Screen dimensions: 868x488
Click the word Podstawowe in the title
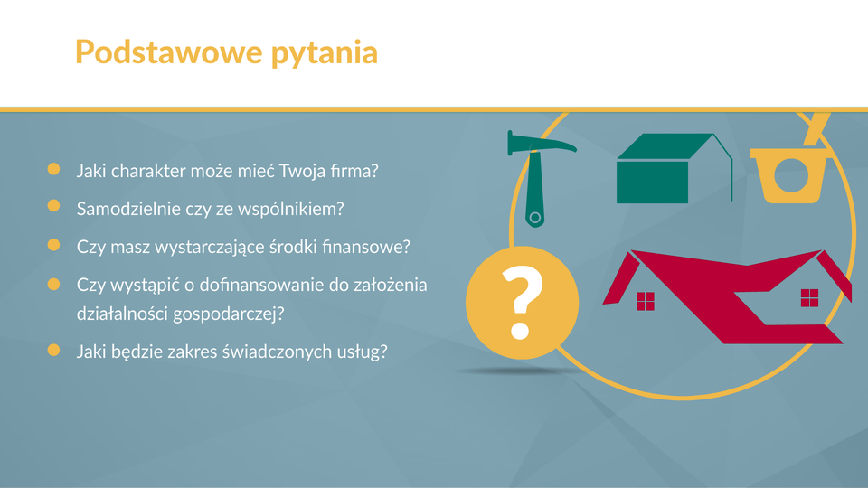click(169, 52)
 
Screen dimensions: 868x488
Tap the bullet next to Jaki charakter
click(53, 169)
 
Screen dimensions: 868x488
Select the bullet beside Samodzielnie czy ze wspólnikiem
click(53, 206)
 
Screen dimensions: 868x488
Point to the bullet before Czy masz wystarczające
click(53, 245)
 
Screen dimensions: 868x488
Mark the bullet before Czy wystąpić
click(53, 284)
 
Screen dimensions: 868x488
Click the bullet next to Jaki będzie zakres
click(53, 350)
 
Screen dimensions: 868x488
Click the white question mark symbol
click(521, 302)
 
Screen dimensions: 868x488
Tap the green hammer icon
click(538, 177)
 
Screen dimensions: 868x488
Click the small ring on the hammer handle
click(534, 218)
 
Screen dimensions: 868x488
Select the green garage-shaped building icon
click(675, 168)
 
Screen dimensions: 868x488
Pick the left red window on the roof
click(646, 302)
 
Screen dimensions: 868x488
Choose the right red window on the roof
click(809, 297)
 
